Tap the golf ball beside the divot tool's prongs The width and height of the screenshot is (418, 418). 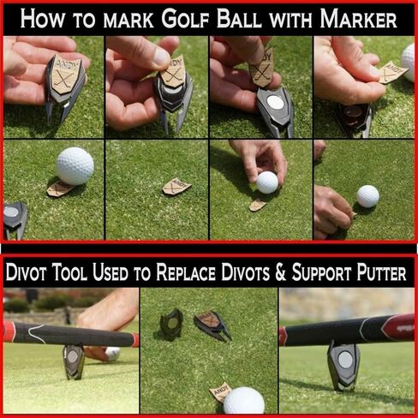click(x=75, y=165)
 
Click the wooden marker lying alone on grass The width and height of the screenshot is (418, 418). click(x=177, y=185)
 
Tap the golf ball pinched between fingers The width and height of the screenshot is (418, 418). click(x=267, y=182)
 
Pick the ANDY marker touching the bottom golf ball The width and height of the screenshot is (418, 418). click(x=220, y=392)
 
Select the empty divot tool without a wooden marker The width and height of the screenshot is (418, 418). click(x=170, y=321)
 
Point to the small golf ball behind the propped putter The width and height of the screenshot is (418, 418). click(x=112, y=353)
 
